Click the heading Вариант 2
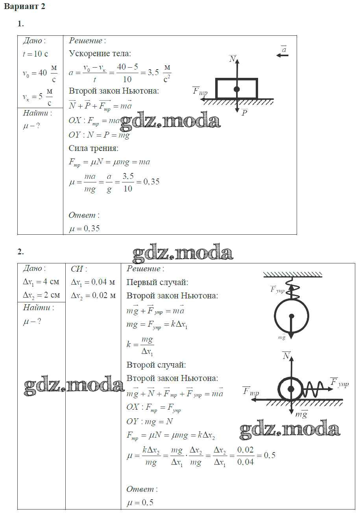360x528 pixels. coord(24,7)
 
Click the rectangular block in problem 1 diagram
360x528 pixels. coord(236,89)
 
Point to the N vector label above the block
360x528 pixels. coord(233,59)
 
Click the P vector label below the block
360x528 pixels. coord(244,113)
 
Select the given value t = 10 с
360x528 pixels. coord(35,54)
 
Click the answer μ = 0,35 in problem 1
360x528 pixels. coord(84,228)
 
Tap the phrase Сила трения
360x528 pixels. coord(93,148)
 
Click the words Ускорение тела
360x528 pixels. coord(100,53)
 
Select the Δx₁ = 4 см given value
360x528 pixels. coord(41,281)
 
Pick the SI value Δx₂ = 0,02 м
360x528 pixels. coord(93,295)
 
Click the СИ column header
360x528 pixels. coord(79,269)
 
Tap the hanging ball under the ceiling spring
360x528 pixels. coord(291,316)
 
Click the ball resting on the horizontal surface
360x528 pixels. coord(291,389)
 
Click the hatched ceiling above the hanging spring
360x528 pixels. coord(292,274)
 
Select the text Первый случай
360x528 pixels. coord(157,282)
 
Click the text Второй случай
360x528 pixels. coord(156,364)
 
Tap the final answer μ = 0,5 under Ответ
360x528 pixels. coord(140,502)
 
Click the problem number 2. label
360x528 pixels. coord(20,252)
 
